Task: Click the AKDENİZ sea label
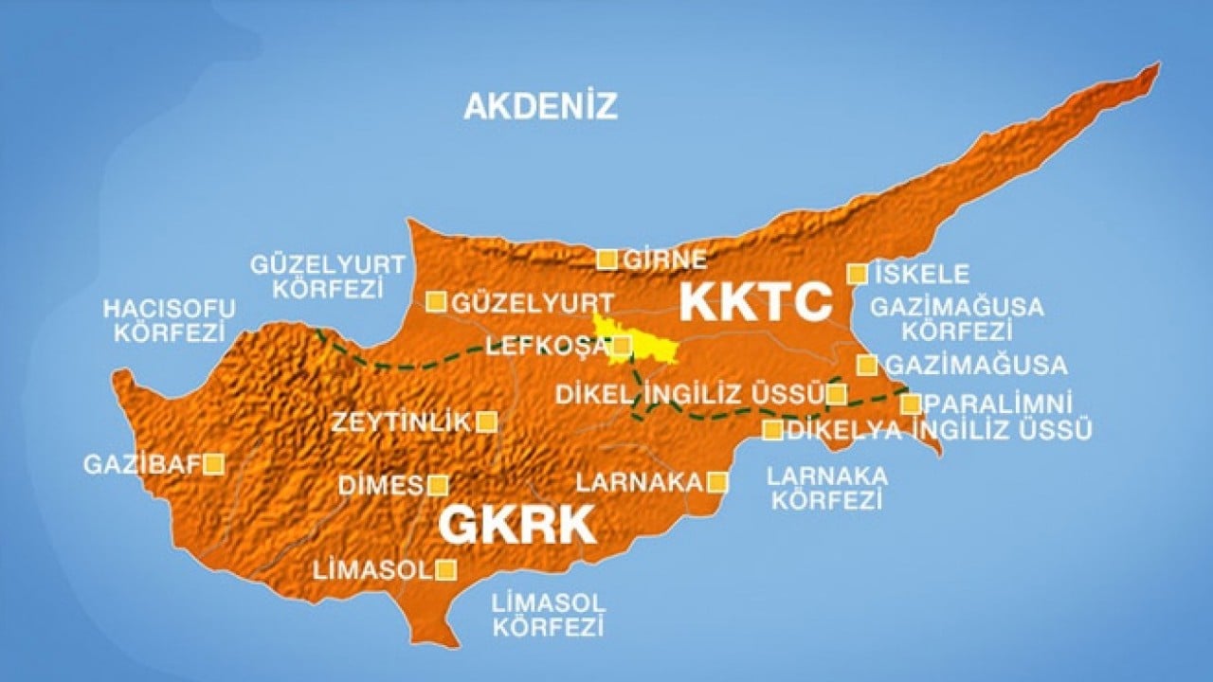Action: click(540, 105)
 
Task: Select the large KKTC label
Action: click(755, 302)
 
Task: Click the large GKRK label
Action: click(516, 524)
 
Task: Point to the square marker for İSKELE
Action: click(857, 274)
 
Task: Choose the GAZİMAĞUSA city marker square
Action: click(866, 365)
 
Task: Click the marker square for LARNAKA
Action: click(717, 482)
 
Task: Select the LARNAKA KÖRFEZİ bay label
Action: click(827, 488)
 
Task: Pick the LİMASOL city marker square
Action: click(445, 569)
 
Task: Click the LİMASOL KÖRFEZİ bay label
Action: click(549, 614)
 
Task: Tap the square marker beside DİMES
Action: click(437, 486)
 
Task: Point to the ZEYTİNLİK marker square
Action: click(486, 422)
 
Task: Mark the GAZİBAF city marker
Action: click(214, 463)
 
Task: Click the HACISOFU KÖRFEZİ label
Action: click(169, 321)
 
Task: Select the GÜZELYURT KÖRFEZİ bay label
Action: click(327, 276)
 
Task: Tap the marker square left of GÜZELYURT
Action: click(436, 301)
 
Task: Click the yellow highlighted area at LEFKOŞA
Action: click(644, 343)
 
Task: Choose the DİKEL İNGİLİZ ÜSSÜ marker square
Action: click(836, 394)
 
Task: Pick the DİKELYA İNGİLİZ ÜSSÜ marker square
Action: click(773, 430)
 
